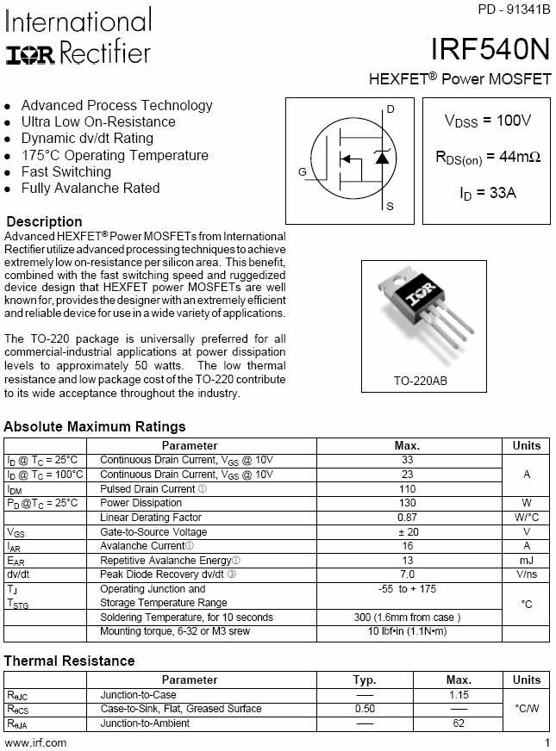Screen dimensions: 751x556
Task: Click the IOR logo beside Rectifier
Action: click(30, 55)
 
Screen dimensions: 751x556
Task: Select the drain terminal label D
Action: click(390, 109)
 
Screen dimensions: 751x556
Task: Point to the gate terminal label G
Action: click(303, 172)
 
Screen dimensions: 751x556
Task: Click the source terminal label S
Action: click(390, 207)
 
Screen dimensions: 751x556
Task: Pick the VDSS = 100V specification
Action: click(487, 121)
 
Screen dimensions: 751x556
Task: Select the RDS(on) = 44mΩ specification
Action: click(487, 157)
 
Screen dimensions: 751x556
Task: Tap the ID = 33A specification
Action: click(487, 193)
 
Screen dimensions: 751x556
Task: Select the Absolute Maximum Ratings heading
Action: click(95, 426)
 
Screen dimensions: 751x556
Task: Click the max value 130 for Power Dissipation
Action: click(408, 503)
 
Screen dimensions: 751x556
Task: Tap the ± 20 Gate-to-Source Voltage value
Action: click(408, 532)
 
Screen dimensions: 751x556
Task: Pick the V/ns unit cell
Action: click(527, 574)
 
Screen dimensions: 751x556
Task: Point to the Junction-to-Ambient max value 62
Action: click(458, 723)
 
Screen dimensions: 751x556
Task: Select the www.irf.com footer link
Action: click(35, 742)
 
